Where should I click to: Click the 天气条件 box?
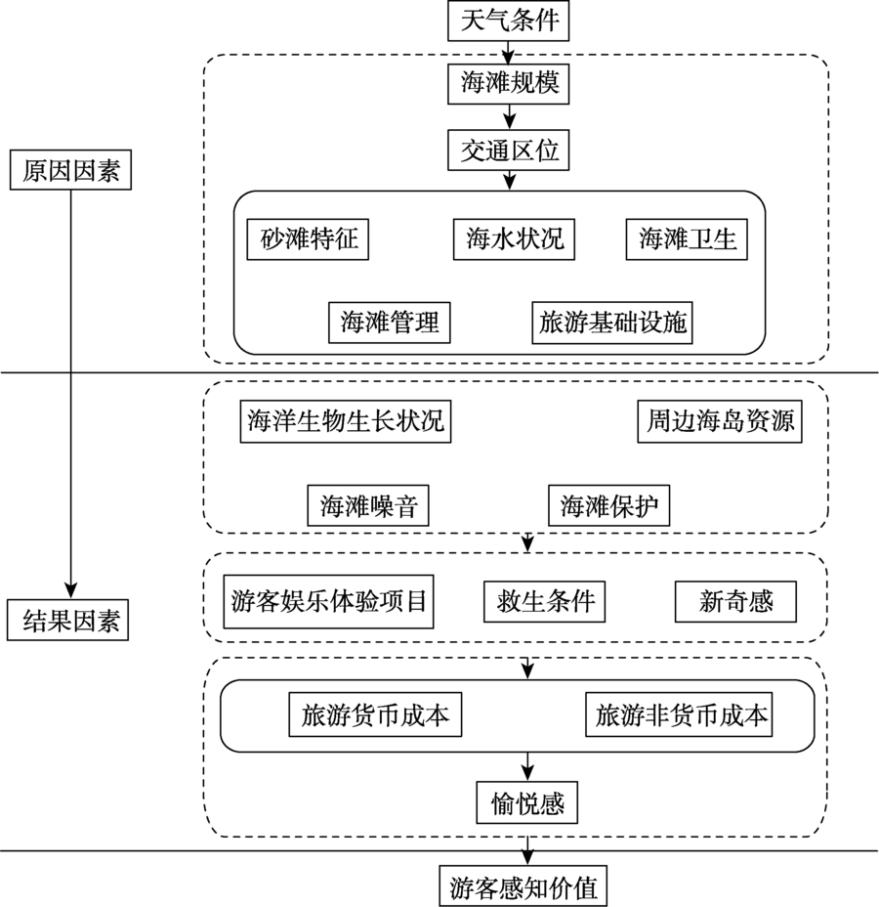[507, 21]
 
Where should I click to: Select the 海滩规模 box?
[508, 84]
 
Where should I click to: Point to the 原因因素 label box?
[70, 172]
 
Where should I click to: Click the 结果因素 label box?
[70, 621]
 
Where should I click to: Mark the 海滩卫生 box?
[687, 238]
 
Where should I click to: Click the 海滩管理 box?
[390, 322]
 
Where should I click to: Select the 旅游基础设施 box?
[613, 322]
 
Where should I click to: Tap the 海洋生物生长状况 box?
[346, 421]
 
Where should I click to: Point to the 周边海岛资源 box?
[720, 421]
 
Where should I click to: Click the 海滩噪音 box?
[367, 505]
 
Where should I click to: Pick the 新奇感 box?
[735, 600]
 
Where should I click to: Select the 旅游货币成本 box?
[375, 715]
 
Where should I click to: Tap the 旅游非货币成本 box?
[682, 715]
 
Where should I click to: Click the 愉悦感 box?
[527, 803]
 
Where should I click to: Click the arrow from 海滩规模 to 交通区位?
[508, 117]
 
